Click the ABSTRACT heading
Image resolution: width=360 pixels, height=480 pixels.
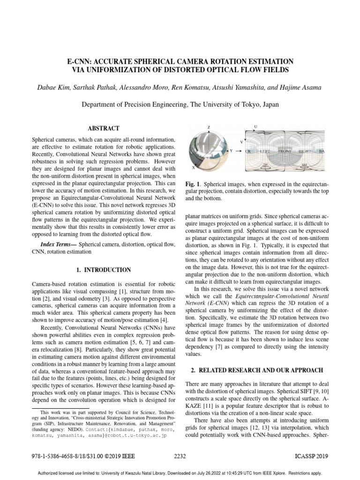point(104,128)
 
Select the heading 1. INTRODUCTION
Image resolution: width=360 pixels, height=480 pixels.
point(104,270)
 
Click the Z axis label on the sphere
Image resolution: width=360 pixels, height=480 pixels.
point(209,127)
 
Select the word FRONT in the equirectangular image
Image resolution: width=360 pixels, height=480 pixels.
point(285,152)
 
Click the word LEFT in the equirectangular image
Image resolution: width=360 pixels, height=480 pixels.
point(265,152)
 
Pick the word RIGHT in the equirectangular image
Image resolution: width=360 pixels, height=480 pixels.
point(305,152)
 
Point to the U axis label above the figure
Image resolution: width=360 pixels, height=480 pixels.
point(255,127)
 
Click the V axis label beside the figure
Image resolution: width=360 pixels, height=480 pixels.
point(241,142)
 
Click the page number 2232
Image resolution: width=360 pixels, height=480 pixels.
point(180,456)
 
